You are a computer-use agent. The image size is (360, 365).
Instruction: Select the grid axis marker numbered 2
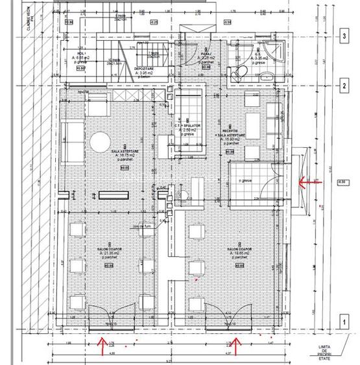click(343, 86)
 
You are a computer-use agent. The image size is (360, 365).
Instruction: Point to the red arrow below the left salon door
click(101, 345)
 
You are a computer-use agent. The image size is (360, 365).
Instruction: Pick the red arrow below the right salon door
click(235, 345)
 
